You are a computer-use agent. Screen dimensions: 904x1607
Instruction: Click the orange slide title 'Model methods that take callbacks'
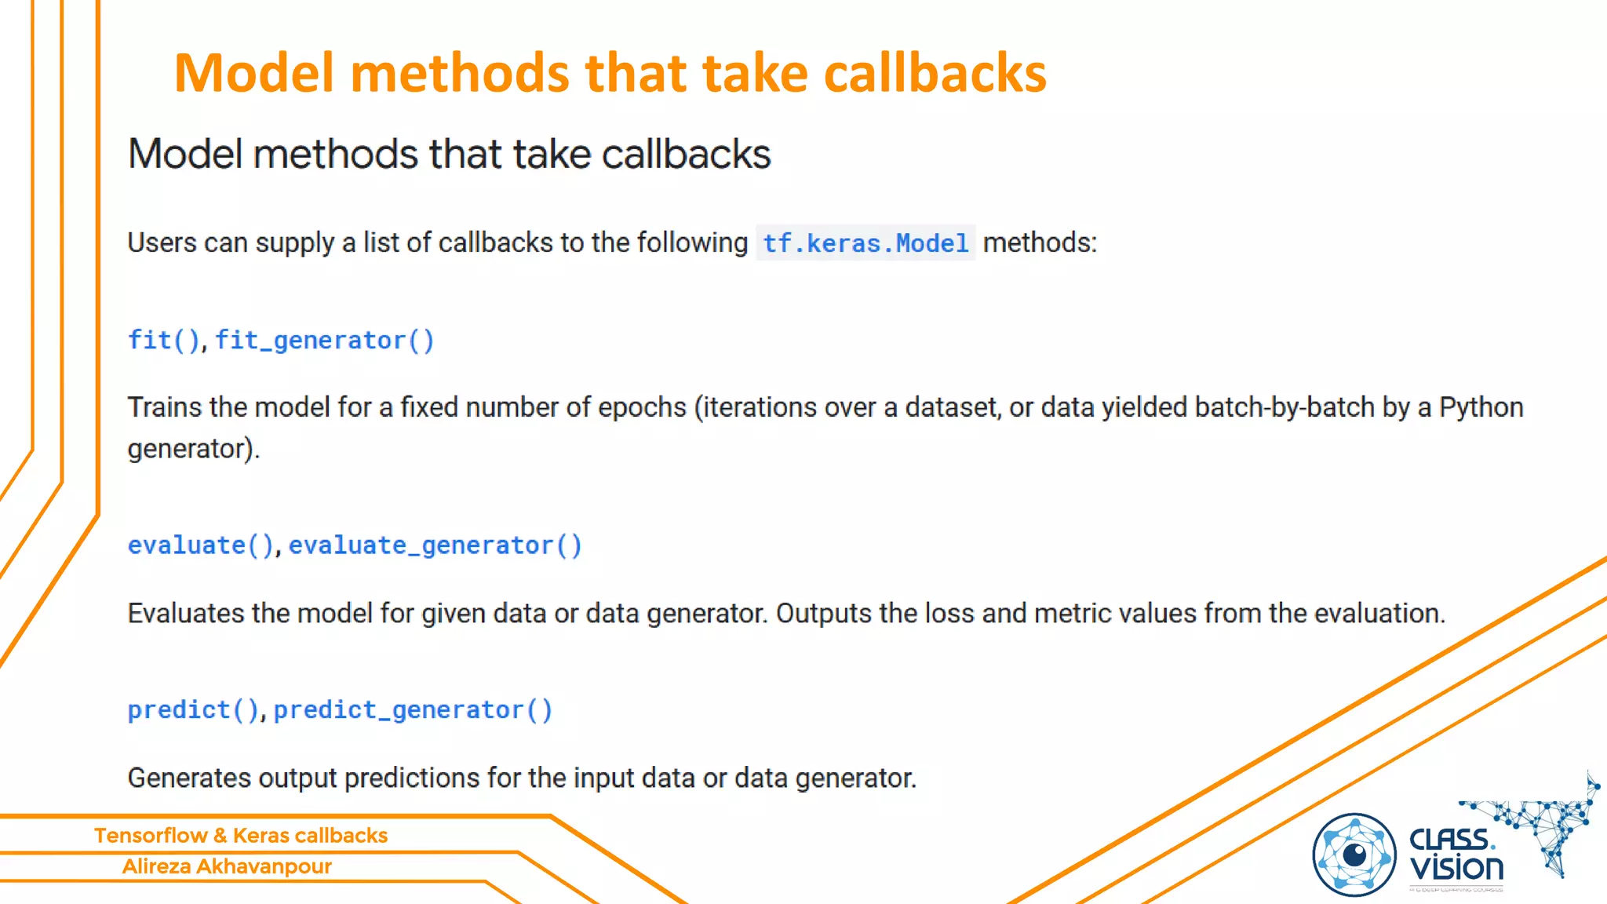(x=610, y=73)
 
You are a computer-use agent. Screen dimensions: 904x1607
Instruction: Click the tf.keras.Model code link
(x=865, y=243)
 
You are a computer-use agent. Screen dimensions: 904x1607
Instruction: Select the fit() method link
(x=163, y=341)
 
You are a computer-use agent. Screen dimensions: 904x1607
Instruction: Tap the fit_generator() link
(x=324, y=341)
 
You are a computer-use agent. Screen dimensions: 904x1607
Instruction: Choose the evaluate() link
(x=200, y=545)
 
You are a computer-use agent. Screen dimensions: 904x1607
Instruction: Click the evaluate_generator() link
(x=435, y=545)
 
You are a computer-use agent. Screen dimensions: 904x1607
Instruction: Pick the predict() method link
(x=193, y=710)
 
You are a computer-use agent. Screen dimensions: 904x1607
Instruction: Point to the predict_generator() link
(x=413, y=710)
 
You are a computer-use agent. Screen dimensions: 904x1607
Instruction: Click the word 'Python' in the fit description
(x=1481, y=408)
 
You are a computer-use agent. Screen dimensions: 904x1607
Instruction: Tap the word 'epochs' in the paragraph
(x=642, y=408)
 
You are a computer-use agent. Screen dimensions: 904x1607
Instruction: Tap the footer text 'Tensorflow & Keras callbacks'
(x=241, y=836)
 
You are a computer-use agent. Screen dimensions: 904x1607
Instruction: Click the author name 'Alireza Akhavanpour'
(x=227, y=866)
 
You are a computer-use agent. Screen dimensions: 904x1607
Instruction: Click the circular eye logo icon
(x=1354, y=855)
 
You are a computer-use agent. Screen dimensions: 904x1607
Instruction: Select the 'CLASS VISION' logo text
(x=1456, y=855)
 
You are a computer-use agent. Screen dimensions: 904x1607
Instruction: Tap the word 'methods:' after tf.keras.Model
(x=1040, y=243)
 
